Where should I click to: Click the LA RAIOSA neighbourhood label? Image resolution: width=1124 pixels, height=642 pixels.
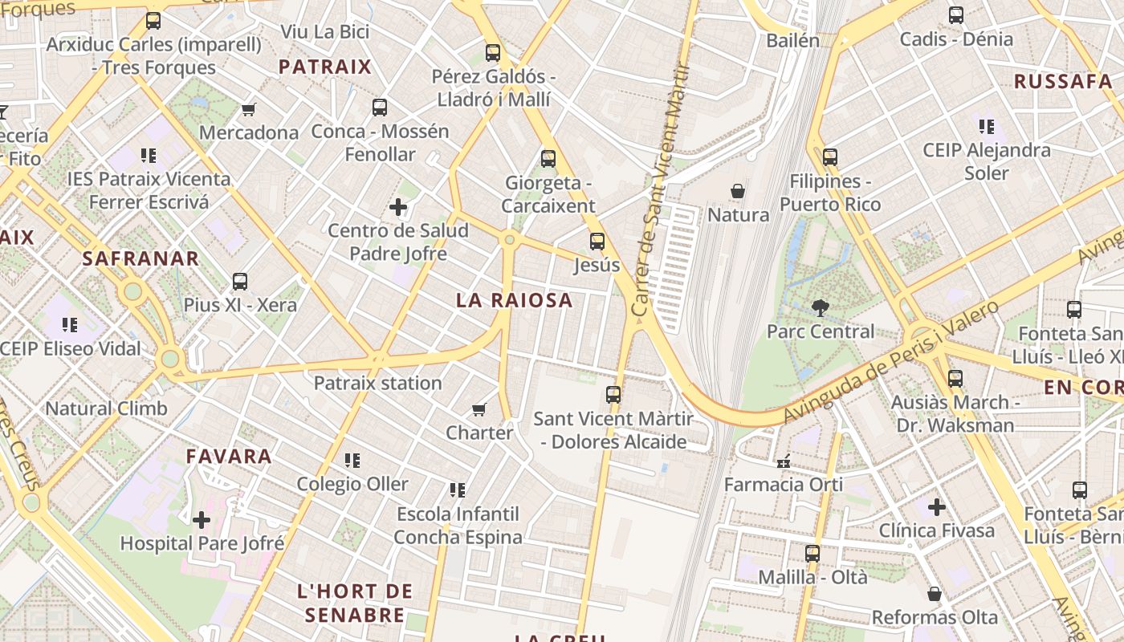(x=514, y=300)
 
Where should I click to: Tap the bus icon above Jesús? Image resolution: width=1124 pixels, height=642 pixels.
(x=597, y=241)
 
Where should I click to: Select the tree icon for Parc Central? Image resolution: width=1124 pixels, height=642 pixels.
(x=820, y=307)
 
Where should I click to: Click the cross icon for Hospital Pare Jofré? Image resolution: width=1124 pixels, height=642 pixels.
(x=202, y=520)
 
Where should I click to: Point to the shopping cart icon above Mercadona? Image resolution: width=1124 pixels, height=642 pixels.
(x=249, y=109)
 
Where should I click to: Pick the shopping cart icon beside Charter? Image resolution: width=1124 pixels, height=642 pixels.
(x=479, y=410)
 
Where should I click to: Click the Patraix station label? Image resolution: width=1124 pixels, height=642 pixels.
(x=377, y=383)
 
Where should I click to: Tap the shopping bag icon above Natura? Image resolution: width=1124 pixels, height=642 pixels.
(x=738, y=191)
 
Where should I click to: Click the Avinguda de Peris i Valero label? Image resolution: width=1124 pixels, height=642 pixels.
(x=891, y=361)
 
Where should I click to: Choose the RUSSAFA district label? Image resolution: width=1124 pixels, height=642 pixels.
(x=1062, y=81)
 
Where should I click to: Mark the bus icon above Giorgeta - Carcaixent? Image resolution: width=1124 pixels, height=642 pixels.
(x=548, y=159)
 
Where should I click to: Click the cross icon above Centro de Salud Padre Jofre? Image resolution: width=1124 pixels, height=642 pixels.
(x=398, y=208)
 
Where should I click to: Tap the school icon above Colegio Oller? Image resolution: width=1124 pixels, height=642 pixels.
(x=352, y=461)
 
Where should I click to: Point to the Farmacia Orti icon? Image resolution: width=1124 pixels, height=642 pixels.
(x=784, y=461)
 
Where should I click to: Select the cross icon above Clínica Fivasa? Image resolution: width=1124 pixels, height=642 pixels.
(x=936, y=507)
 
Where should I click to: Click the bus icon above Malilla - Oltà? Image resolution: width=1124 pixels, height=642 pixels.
(x=812, y=554)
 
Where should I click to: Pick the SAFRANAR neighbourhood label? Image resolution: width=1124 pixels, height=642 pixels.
(x=140, y=258)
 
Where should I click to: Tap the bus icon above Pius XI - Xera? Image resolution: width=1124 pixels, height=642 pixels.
(x=240, y=282)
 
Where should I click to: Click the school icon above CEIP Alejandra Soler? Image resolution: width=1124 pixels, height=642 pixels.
(x=987, y=126)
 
